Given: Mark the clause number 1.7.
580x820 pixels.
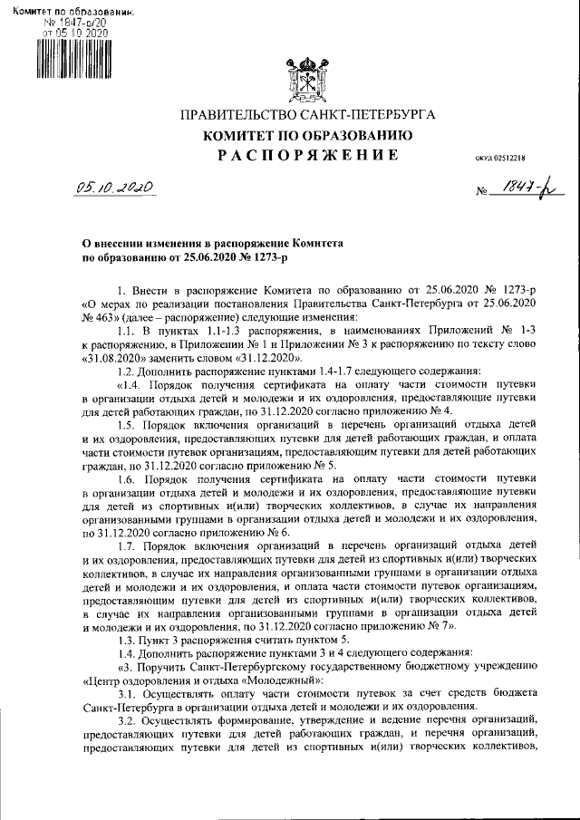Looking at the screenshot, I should (129, 546).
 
